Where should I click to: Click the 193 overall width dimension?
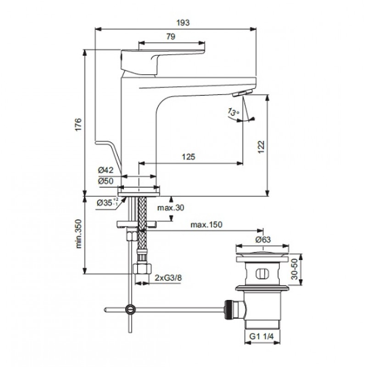183,22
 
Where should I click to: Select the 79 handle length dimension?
171,37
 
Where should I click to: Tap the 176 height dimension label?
78,124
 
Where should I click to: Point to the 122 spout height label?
261,147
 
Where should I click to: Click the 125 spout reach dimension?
189,156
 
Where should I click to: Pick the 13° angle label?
234,112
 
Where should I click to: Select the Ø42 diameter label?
106,170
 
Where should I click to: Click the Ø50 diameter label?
106,181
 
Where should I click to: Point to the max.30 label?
171,207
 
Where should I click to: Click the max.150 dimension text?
206,224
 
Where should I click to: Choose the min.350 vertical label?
79,234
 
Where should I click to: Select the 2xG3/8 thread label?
168,278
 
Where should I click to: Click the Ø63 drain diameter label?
263,239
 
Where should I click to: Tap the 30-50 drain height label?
295,269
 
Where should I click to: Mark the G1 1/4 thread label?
261,336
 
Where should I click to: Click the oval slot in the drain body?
262,274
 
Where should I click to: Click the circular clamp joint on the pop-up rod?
130,309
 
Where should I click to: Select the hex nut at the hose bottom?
142,268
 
